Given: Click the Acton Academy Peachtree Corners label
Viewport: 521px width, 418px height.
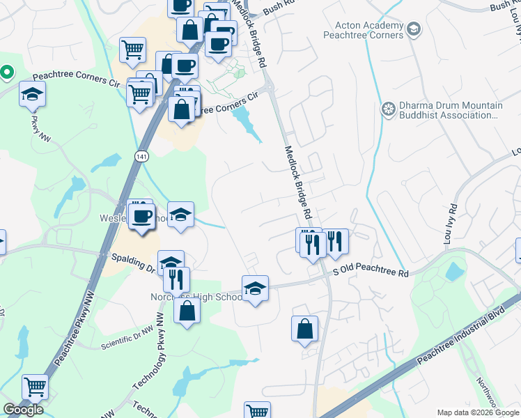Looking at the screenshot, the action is pyautogui.click(x=363, y=30).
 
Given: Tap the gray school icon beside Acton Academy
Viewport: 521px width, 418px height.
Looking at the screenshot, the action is pyautogui.click(x=414, y=29).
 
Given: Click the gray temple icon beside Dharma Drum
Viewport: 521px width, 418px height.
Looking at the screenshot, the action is pyautogui.click(x=389, y=109).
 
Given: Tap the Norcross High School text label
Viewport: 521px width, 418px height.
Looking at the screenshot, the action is pyautogui.click(x=196, y=297).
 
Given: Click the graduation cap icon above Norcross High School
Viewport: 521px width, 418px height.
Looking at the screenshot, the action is pyautogui.click(x=256, y=288).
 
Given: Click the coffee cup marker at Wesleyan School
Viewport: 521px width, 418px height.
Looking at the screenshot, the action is pyautogui.click(x=142, y=216).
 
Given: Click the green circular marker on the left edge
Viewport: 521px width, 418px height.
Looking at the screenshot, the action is pyautogui.click(x=6, y=71).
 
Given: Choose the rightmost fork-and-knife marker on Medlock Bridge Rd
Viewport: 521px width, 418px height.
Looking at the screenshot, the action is pyautogui.click(x=336, y=241).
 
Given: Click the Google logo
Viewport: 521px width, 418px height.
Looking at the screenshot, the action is pyautogui.click(x=23, y=410).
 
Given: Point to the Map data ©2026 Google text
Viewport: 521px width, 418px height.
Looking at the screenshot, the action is pyautogui.click(x=477, y=412).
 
